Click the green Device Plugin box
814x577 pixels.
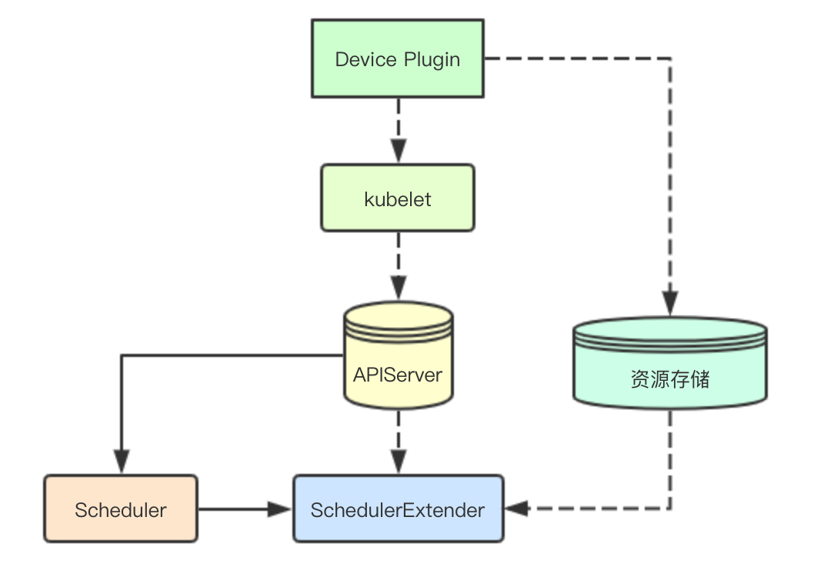coord(398,59)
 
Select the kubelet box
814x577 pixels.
coord(398,198)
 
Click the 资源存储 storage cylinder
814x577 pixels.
coord(669,362)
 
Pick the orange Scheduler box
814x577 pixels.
coord(121,509)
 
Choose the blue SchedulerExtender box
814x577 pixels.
coord(398,509)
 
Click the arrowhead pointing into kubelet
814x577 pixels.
coord(398,152)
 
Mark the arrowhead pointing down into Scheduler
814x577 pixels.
coord(121,462)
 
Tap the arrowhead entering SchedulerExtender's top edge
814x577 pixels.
coord(398,462)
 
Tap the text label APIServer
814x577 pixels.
coord(398,375)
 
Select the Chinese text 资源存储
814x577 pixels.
coord(669,380)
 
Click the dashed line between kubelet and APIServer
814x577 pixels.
coord(398,254)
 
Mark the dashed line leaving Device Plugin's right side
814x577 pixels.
coord(577,58)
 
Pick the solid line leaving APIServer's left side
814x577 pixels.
coord(231,355)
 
